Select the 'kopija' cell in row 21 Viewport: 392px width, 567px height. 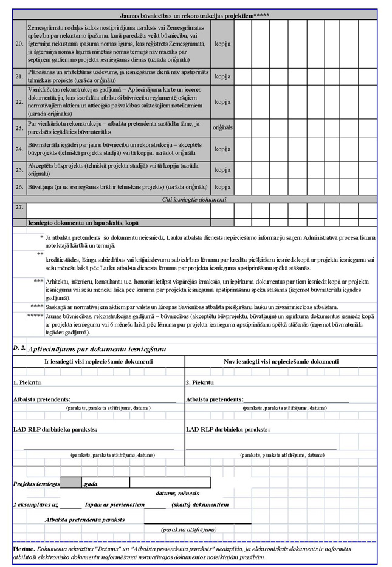click(x=222, y=76)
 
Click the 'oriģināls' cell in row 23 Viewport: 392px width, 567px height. click(x=222, y=127)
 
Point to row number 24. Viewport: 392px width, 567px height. click(x=19, y=149)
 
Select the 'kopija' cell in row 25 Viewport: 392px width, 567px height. click(x=222, y=169)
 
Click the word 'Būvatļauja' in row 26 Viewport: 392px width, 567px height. click(x=43, y=187)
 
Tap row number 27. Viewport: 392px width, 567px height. click(x=19, y=208)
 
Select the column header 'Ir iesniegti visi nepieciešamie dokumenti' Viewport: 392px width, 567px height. click(x=99, y=361)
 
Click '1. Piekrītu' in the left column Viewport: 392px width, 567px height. click(x=27, y=382)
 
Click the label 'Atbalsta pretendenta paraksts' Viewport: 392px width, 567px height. click(x=85, y=520)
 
